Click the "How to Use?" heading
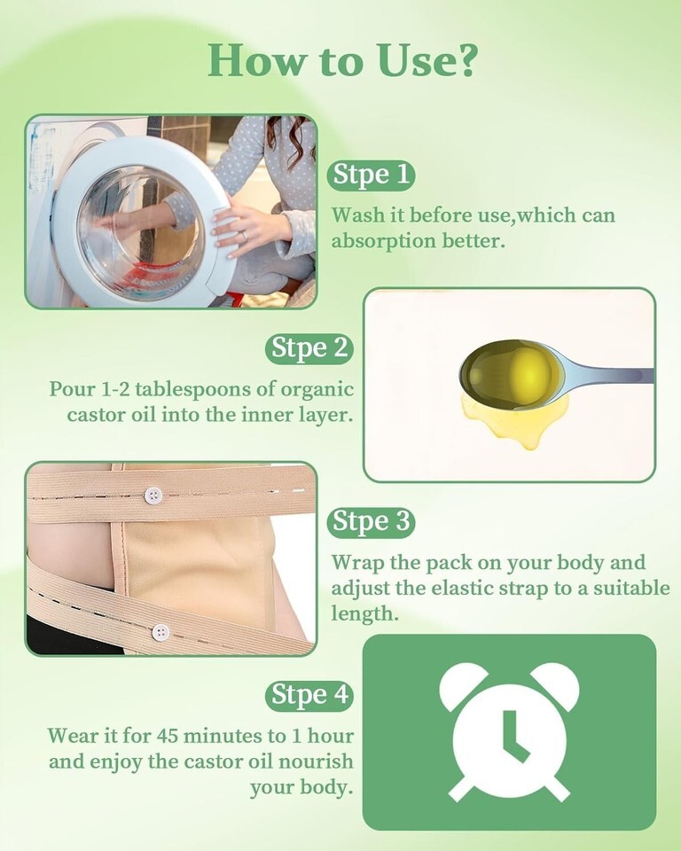342,59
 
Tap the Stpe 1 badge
371,176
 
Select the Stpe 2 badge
309,348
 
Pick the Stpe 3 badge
371,522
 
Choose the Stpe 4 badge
309,696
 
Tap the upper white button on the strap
153,495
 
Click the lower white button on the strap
160,632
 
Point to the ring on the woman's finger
245,236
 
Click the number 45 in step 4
168,736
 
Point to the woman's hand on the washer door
247,230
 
